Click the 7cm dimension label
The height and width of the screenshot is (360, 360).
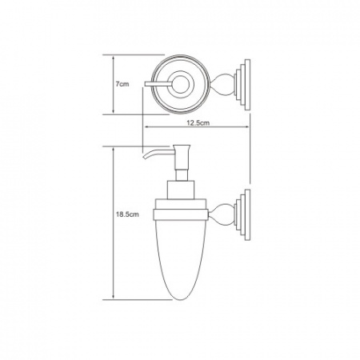tap(122, 84)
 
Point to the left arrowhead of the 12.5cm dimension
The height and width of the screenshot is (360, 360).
tap(146, 127)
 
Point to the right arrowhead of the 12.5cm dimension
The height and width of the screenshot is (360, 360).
tap(246, 127)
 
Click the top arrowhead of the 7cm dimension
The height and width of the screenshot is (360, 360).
tap(114, 58)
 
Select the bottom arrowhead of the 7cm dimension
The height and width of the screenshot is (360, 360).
tap(114, 111)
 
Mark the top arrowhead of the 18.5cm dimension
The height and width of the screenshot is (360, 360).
tap(114, 149)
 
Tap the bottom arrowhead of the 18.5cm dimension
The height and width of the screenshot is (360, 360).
tap(114, 297)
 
